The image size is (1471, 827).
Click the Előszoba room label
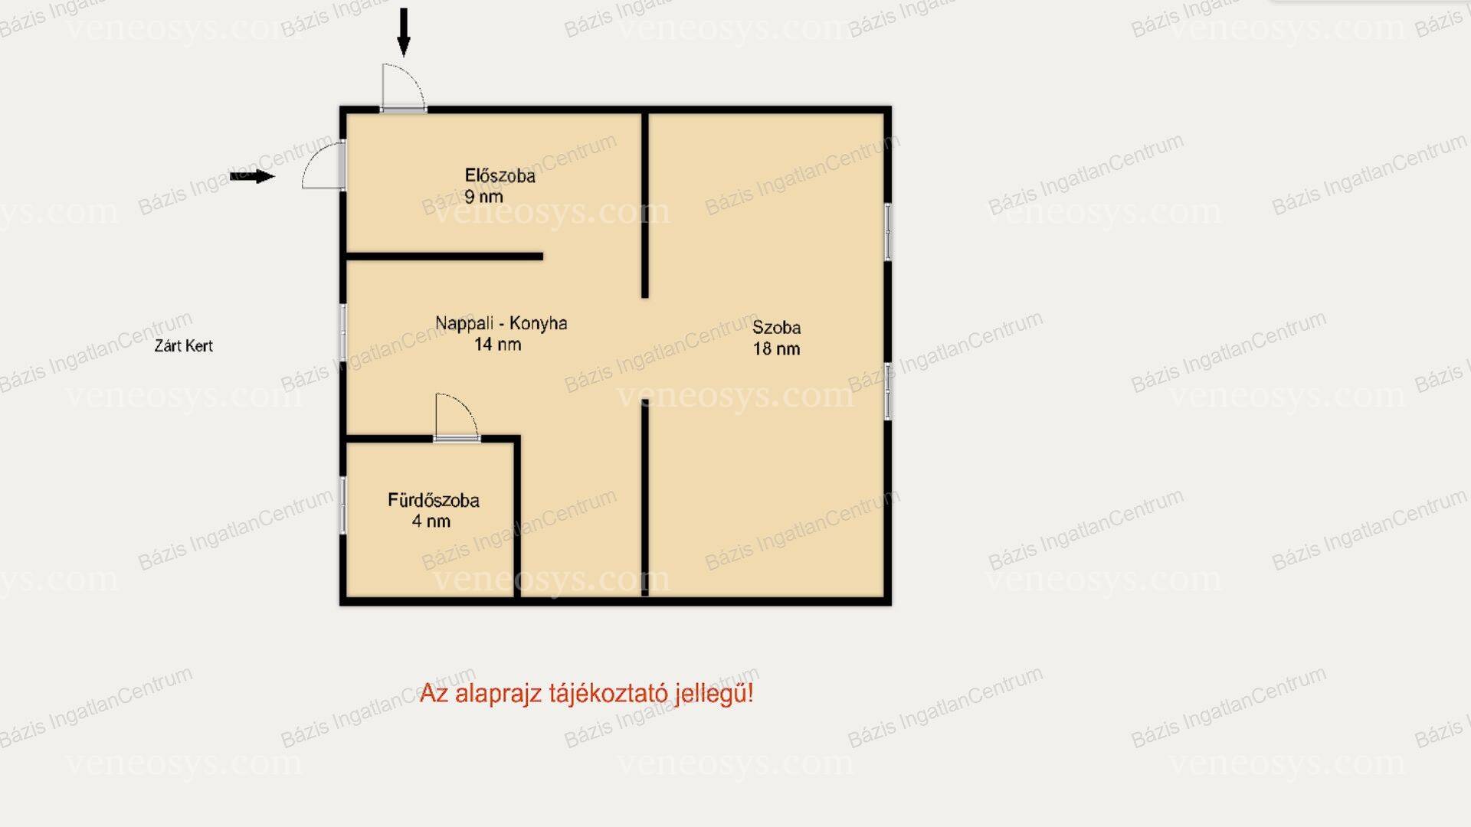[x=500, y=175]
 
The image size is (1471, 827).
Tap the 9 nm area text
[x=483, y=197]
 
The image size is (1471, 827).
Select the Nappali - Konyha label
[x=501, y=323]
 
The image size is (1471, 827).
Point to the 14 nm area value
[x=497, y=345]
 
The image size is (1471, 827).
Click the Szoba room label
[x=776, y=328]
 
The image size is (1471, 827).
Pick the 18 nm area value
[x=776, y=349]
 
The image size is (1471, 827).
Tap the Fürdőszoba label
[x=433, y=500]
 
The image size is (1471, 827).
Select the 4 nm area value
[x=431, y=521]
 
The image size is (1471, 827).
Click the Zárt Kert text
[x=183, y=345]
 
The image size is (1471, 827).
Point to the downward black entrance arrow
[x=404, y=32]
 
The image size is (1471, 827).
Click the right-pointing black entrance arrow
[x=252, y=177]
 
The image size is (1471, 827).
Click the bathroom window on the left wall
[x=343, y=505]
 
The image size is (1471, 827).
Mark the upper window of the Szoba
[x=888, y=231]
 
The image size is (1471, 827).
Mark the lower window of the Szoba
[x=888, y=391]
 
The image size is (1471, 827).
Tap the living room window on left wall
[x=343, y=332]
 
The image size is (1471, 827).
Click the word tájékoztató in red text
[x=608, y=694]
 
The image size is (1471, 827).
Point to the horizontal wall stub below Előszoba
[x=444, y=257]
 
